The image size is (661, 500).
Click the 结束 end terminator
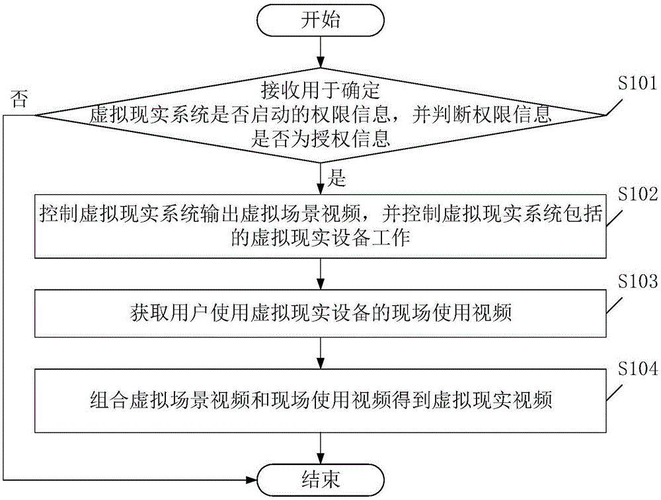[321, 478]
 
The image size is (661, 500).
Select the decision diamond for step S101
[321, 115]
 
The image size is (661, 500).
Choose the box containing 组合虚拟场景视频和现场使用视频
[321, 400]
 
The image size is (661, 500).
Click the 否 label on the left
[20, 99]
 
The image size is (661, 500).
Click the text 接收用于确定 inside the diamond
[321, 87]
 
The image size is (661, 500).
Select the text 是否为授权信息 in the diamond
[321, 139]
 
